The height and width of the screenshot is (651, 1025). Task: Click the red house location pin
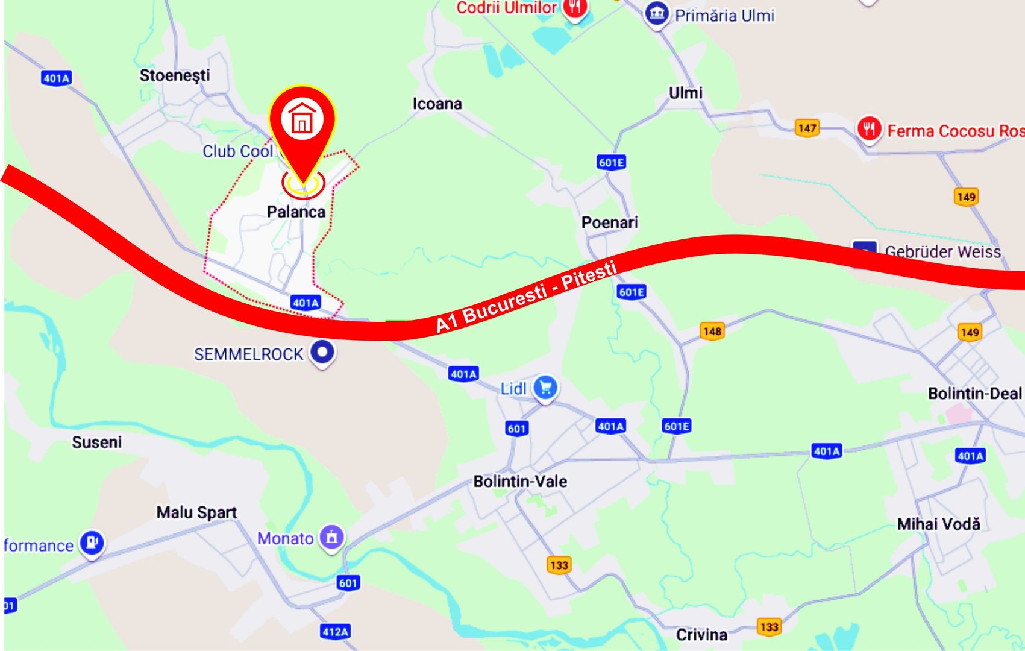pos(302,121)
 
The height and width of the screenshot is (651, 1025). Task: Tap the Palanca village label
pos(296,212)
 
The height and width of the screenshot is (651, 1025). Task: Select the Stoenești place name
pos(175,75)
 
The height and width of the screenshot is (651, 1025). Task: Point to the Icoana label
pos(437,104)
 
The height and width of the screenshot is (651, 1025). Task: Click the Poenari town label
pos(609,222)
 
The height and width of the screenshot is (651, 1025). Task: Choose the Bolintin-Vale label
pos(520,481)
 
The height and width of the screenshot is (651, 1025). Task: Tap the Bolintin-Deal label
pos(974,394)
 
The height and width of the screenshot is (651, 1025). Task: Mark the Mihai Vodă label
pos(938,524)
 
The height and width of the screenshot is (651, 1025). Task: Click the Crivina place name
pos(701,634)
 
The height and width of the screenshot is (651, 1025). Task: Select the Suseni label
pos(96,442)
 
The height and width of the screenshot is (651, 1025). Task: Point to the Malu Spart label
pos(196,512)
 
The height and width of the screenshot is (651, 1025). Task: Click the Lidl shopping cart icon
pos(545,388)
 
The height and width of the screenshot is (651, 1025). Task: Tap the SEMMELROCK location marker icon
pos(322,352)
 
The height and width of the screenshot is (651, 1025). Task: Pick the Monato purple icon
pos(331,536)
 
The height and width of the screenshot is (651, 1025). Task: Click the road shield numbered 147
pos(807,128)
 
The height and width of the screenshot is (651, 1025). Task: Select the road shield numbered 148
pos(712,331)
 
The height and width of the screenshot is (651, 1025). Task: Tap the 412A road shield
pos(335,632)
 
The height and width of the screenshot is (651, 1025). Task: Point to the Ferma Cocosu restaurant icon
pos(869,128)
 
